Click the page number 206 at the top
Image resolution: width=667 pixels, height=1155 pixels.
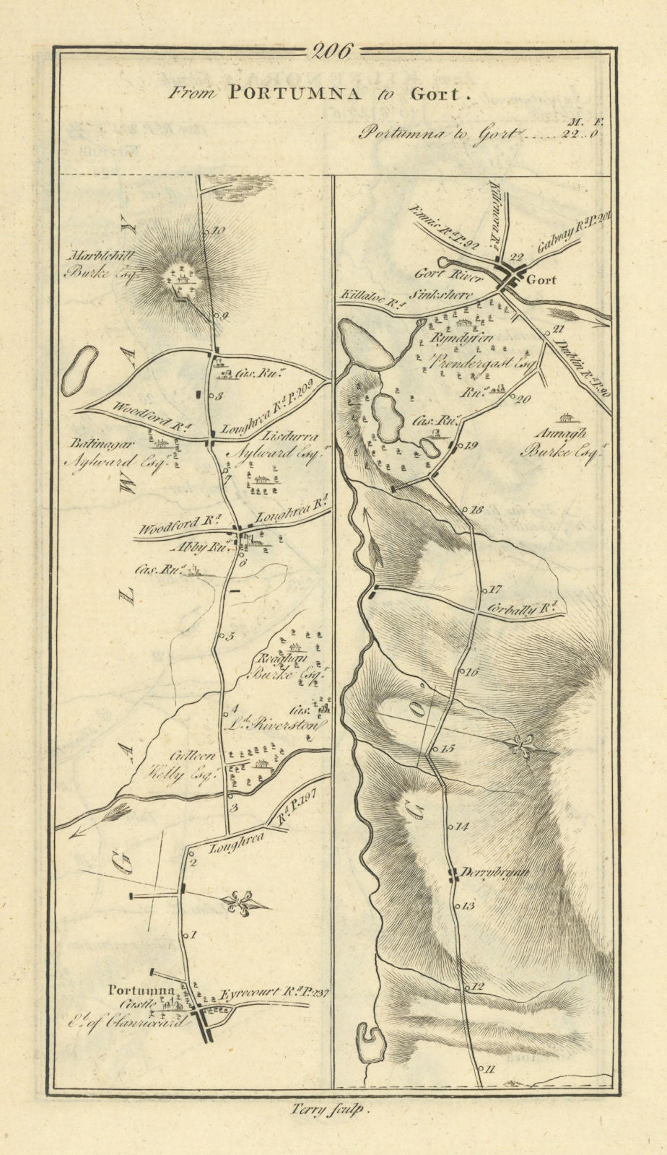[333, 51]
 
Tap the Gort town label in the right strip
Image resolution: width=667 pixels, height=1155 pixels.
[541, 280]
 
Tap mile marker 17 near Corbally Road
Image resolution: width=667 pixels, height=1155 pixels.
[495, 589]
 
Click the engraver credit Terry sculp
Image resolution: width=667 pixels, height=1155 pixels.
[333, 1113]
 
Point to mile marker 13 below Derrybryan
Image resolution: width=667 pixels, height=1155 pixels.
[467, 905]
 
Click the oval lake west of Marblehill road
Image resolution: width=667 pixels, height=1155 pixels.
[79, 371]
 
